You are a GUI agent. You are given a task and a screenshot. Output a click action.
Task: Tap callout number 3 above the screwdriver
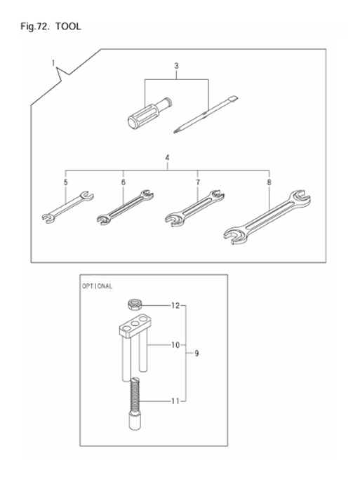click(x=177, y=67)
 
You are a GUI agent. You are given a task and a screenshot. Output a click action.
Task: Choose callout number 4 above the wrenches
click(x=166, y=158)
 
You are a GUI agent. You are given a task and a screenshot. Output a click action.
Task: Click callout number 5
click(x=65, y=182)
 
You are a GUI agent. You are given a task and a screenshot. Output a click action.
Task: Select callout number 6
click(x=123, y=182)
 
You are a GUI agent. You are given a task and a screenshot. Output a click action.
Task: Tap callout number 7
click(x=198, y=182)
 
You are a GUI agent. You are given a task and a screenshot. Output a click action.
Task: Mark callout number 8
click(x=269, y=182)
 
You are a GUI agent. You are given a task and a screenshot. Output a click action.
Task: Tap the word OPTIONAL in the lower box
click(x=98, y=287)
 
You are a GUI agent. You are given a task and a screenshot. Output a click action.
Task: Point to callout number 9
click(x=197, y=354)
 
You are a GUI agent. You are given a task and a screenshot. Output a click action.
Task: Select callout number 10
click(x=175, y=345)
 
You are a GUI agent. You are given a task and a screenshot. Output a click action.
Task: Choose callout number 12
click(x=175, y=306)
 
